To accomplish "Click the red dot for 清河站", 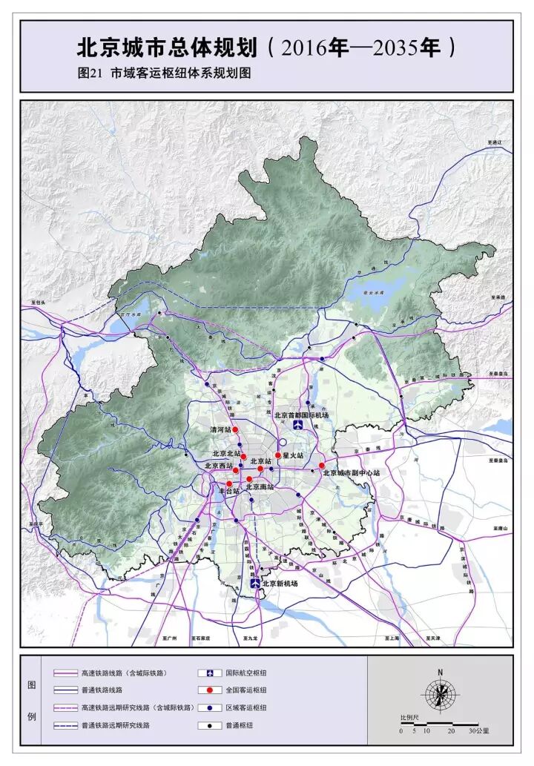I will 235,430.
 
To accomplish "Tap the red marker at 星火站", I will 278,455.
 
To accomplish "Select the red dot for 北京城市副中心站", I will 322,466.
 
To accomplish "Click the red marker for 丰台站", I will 229,483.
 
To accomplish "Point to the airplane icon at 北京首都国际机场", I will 297,426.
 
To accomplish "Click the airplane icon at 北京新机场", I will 257,584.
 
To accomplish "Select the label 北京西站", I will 219,466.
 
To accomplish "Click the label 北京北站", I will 227,453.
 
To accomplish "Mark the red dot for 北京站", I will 260,469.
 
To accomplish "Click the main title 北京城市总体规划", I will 168,49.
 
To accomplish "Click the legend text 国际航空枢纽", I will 251,673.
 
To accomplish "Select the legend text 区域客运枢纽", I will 251,708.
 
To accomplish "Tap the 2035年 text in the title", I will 412,49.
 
